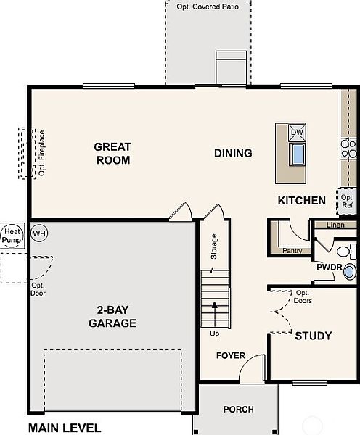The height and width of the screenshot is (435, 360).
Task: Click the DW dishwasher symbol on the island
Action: coord(297,133)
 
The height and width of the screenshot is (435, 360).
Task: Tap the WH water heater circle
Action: coord(39,233)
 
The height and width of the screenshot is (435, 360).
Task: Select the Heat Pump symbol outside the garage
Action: coord(12,236)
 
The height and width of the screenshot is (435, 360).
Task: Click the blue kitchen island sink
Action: coord(298,154)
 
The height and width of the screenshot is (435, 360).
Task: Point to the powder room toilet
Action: coord(346,252)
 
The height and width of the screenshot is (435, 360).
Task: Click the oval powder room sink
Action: coord(350,272)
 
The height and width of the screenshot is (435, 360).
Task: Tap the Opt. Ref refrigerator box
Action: coord(347,202)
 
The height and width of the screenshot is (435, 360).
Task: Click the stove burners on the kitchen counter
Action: coord(348,149)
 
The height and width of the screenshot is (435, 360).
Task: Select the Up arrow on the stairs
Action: coord(214,315)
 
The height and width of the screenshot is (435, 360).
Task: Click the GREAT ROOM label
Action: coord(112,154)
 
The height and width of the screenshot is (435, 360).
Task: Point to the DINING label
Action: coord(233,153)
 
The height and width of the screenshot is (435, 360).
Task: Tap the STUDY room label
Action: coord(314,336)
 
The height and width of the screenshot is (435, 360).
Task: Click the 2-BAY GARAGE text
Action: coord(112,317)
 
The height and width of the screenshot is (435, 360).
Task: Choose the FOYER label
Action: coord(231,355)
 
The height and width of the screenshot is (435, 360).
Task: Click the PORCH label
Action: coord(239,409)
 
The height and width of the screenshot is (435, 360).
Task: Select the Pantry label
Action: coord(292,251)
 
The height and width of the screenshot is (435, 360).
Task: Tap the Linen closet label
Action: coord(335,225)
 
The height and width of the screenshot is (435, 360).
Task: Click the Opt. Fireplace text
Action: coord(42,153)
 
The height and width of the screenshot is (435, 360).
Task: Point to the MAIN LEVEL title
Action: coord(65,428)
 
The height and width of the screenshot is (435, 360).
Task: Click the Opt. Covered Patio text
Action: coord(208,7)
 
